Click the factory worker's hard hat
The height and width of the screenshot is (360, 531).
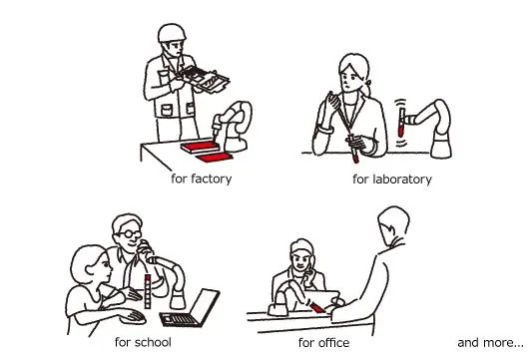click(172, 33)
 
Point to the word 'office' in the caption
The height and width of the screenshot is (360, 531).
click(332, 342)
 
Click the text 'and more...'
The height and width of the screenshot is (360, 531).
click(490, 342)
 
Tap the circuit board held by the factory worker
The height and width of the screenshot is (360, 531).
click(203, 79)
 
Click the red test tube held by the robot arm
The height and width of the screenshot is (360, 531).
click(401, 122)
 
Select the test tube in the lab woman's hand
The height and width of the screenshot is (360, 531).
click(353, 149)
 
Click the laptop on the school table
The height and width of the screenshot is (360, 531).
click(190, 308)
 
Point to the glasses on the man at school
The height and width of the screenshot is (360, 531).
click(129, 233)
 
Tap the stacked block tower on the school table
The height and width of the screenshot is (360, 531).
click(148, 291)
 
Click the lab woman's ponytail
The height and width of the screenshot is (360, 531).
click(367, 88)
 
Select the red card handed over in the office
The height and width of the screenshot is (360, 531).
click(317, 308)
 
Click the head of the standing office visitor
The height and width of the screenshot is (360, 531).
click(393, 225)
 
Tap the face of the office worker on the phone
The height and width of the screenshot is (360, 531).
click(300, 260)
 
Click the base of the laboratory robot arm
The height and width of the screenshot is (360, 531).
click(441, 146)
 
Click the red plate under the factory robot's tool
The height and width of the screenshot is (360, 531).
click(201, 147)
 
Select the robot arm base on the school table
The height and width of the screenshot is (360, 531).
click(178, 300)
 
